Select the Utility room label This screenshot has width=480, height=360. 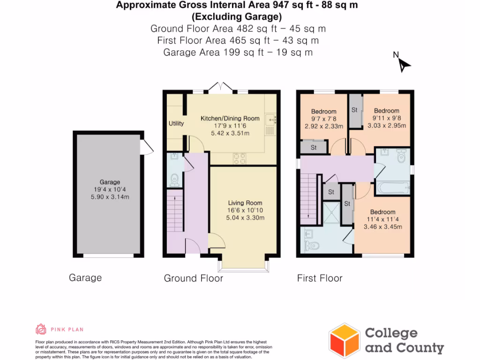[176, 124]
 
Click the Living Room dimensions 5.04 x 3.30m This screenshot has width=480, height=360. [245, 217]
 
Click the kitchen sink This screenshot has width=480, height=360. [270, 121]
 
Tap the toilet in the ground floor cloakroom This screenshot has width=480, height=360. [174, 179]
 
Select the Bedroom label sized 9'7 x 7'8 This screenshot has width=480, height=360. [323, 112]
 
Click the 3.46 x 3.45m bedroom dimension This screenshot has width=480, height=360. [383, 227]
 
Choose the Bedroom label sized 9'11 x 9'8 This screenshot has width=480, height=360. [386, 111]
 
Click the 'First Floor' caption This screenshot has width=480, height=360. [320, 278]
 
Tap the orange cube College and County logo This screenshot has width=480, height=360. [345, 340]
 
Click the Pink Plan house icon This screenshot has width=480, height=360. [41, 329]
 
